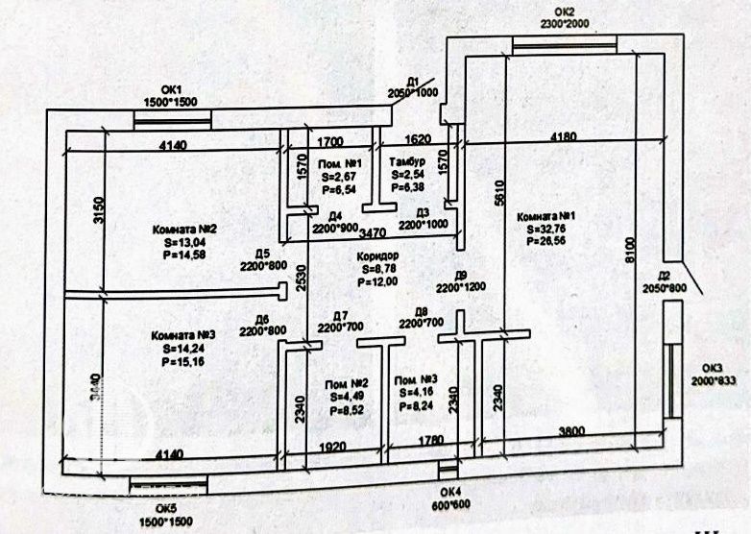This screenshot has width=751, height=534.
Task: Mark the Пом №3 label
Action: click(x=417, y=381)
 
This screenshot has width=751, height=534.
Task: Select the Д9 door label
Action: click(x=461, y=276)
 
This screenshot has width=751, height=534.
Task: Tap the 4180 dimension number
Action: click(x=565, y=137)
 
